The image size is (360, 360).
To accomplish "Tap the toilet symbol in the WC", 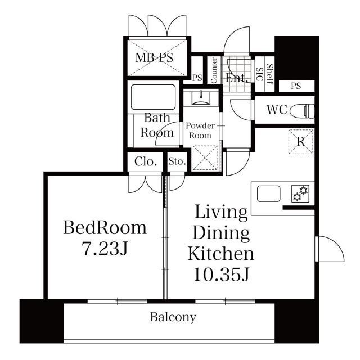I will [x=303, y=109].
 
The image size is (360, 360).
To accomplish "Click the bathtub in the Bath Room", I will [x=154, y=97].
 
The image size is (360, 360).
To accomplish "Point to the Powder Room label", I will [x=200, y=130].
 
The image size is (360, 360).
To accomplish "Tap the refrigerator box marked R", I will [x=301, y=141].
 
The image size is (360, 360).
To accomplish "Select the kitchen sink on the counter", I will [x=269, y=194].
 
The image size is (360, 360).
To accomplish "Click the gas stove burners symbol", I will [x=300, y=194].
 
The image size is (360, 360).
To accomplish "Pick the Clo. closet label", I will [x=145, y=163].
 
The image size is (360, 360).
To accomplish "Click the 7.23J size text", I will [x=105, y=249].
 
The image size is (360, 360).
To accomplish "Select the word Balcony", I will [x=173, y=317].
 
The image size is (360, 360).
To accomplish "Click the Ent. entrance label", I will [x=237, y=79].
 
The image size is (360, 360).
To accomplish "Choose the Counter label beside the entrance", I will [x=214, y=71].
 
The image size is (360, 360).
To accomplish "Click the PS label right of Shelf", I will [x=296, y=86].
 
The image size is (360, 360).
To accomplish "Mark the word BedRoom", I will [x=105, y=228].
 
